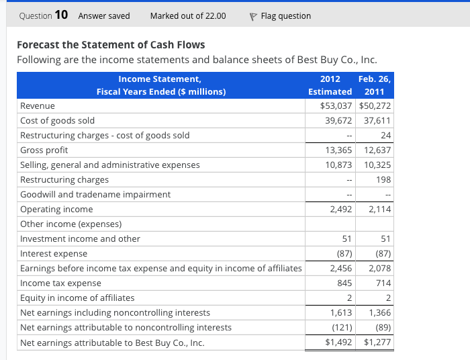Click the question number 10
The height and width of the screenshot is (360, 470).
point(60,15)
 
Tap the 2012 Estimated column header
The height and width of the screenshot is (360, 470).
point(330,85)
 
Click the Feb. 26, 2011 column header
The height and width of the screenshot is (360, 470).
point(375,85)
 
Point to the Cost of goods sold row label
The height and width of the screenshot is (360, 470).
point(58,121)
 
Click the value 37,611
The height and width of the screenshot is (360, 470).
point(377,121)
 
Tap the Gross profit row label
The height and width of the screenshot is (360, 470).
point(44,150)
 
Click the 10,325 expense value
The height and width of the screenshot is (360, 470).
point(377,165)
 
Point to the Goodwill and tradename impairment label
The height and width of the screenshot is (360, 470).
point(95,194)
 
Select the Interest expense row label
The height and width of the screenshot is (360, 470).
point(54,254)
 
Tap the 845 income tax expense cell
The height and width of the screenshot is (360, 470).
point(344,283)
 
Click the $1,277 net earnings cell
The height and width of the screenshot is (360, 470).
point(377,343)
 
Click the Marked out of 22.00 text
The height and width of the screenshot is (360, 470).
point(188,15)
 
